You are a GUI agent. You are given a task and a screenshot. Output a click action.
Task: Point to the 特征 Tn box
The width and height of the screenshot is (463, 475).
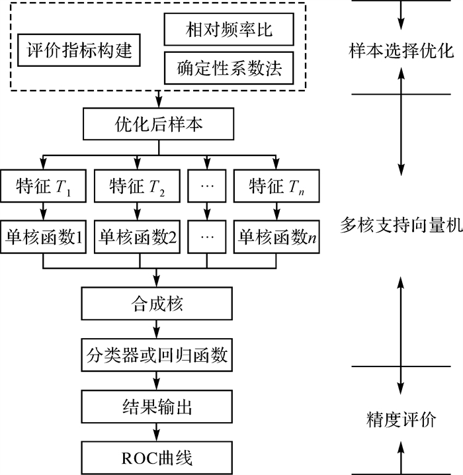275,187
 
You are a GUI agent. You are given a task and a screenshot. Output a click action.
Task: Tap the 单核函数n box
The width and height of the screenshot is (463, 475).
275,236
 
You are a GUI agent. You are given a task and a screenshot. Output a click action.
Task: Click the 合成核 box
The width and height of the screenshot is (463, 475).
157,305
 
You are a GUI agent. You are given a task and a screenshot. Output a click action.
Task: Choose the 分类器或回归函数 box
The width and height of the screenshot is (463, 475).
157,356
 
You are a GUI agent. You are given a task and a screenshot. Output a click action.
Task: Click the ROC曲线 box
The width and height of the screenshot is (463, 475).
157,456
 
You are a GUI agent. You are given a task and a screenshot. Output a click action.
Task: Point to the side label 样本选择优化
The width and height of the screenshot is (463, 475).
401,51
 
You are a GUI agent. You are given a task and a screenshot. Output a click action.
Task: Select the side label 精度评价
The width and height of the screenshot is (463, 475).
401,419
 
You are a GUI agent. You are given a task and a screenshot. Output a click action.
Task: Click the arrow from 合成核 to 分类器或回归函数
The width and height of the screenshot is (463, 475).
157,330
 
